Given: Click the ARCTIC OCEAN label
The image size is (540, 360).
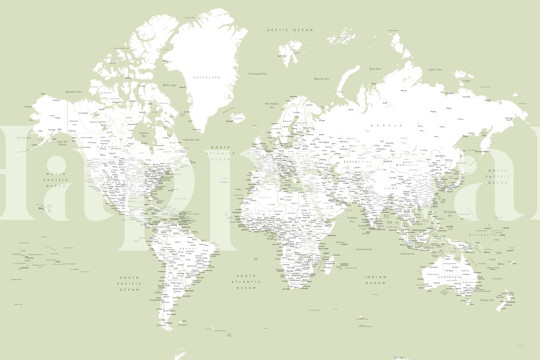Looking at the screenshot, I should pyautogui.click(x=290, y=30).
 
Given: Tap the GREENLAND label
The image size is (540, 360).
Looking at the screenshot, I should pyautogui.click(x=207, y=78).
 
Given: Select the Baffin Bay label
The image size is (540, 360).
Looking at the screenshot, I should pyautogui.click(x=169, y=85).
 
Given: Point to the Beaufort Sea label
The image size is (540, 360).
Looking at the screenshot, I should pyautogui.click(x=74, y=92).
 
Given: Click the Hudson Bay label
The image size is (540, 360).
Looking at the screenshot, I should pyautogui.click(x=144, y=135).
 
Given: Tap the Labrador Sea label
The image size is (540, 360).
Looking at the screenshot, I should pyautogui.click(x=191, y=140).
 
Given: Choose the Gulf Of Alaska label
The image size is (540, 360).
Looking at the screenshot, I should pyautogui.click(x=62, y=143).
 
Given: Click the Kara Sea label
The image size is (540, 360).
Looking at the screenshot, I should pyautogui.click(x=375, y=69).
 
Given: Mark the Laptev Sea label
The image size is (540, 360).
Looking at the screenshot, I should pyautogui.click(x=435, y=70).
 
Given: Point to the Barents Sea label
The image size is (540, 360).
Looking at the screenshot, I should pyautogui.click(x=321, y=79).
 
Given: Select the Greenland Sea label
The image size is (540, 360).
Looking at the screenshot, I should pyautogui.click(x=258, y=74).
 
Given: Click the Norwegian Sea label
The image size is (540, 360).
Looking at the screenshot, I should pyautogui.click(x=272, y=106).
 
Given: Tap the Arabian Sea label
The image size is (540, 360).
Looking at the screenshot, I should pyautogui.click(x=352, y=220).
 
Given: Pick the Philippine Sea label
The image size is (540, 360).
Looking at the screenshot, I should pyautogui.click(x=450, y=214).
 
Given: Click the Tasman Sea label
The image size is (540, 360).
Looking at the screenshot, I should pyautogui.click(x=487, y=300).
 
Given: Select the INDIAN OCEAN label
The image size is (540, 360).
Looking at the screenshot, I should pyautogui.click(x=375, y=280).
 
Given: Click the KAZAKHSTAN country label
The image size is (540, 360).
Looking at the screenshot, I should pyautogui.click(x=357, y=162).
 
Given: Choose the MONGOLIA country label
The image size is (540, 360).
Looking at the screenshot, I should pyautogui.click(x=407, y=165).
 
